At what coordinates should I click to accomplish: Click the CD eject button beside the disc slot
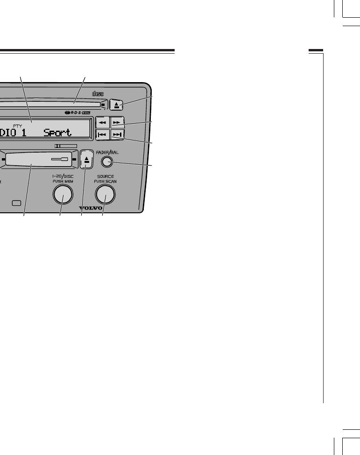(116, 104)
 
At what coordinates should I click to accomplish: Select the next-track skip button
(117, 135)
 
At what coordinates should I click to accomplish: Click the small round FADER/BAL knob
(106, 162)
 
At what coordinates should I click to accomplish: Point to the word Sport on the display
(58, 133)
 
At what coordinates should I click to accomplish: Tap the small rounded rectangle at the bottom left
(17, 203)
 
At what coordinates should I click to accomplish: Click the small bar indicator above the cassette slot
(65, 146)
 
